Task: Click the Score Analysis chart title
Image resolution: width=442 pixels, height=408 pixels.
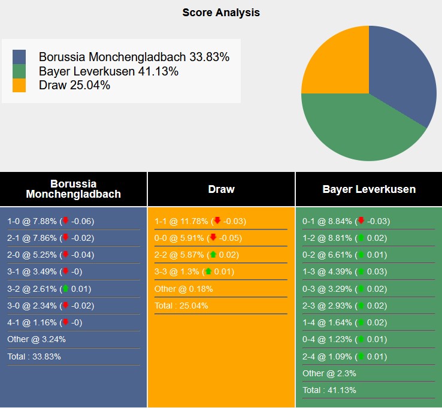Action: pyautogui.click(x=221, y=13)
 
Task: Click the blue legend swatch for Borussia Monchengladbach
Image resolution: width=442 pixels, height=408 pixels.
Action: pyautogui.click(x=19, y=57)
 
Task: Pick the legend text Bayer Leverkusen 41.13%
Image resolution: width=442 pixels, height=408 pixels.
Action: pyautogui.click(x=108, y=71)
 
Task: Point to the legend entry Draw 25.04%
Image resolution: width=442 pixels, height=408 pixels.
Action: pyautogui.click(x=74, y=85)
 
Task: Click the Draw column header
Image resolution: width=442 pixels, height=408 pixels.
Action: pyautogui.click(x=221, y=189)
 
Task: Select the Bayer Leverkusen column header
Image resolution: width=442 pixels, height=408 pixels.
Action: pyautogui.click(x=368, y=189)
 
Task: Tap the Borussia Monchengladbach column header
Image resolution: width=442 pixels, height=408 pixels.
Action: pyautogui.click(x=73, y=189)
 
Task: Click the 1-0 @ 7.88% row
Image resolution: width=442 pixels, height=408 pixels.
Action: pyautogui.click(x=50, y=221)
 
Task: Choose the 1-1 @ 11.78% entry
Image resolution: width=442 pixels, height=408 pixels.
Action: pyautogui.click(x=200, y=221)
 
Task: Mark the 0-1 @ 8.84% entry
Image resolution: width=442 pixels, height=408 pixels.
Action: pyautogui.click(x=346, y=221)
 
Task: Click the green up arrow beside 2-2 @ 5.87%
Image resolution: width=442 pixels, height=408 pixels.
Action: pyautogui.click(x=213, y=255)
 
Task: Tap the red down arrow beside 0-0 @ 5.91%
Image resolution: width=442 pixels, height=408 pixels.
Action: pyautogui.click(x=213, y=238)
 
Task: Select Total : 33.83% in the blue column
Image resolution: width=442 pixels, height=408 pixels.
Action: pyautogui.click(x=34, y=356)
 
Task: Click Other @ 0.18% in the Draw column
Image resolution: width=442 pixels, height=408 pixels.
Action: pyautogui.click(x=183, y=289)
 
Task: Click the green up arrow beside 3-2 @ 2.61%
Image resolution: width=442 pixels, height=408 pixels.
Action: pyautogui.click(x=65, y=289)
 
